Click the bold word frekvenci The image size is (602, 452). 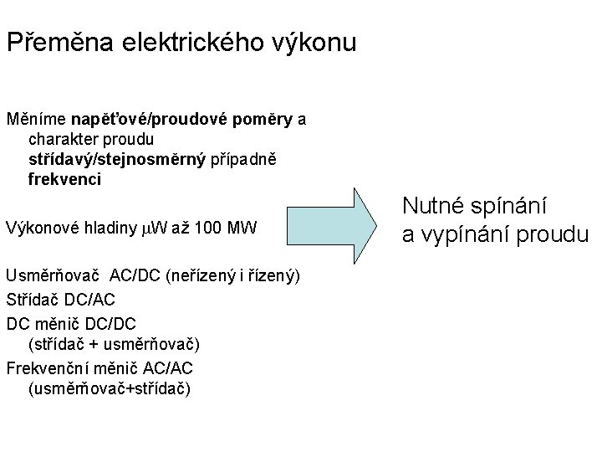[x=65, y=179]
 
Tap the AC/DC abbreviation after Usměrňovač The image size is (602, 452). [x=136, y=277]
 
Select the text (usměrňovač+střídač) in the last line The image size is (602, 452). [x=109, y=388]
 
